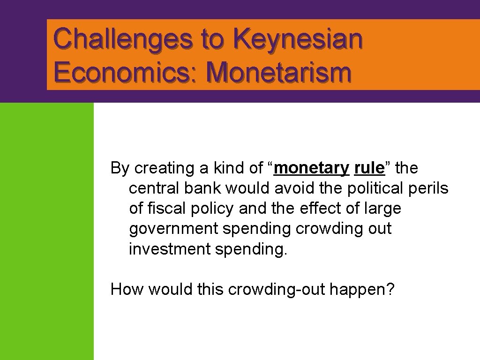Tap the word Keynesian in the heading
[x=300, y=39]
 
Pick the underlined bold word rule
[x=369, y=168]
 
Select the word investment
[x=169, y=249]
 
